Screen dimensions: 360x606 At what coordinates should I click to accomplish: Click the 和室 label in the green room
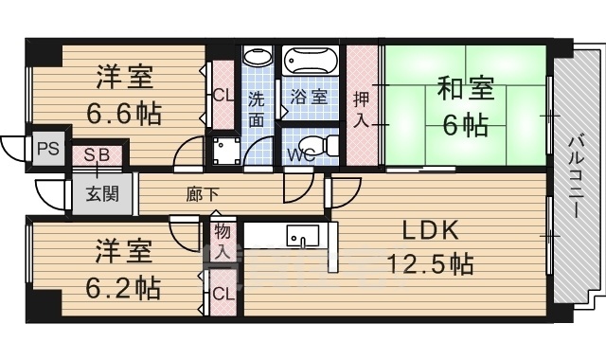tap(464, 90)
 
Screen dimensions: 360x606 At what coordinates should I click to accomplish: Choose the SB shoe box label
tap(97, 154)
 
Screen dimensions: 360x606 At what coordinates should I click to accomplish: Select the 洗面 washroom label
tap(258, 108)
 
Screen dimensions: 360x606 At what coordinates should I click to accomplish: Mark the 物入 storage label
tap(223, 241)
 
